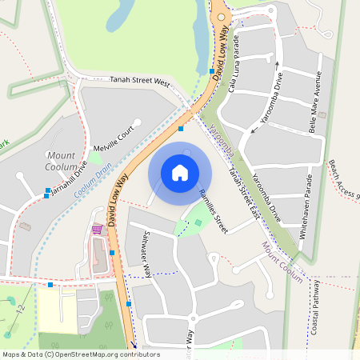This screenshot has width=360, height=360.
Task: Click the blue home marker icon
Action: (180, 172)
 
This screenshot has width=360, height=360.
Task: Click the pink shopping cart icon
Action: (97, 230)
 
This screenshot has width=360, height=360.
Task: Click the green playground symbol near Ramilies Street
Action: (198, 222)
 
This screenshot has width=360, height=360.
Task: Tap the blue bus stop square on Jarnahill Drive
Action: (46, 196)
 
